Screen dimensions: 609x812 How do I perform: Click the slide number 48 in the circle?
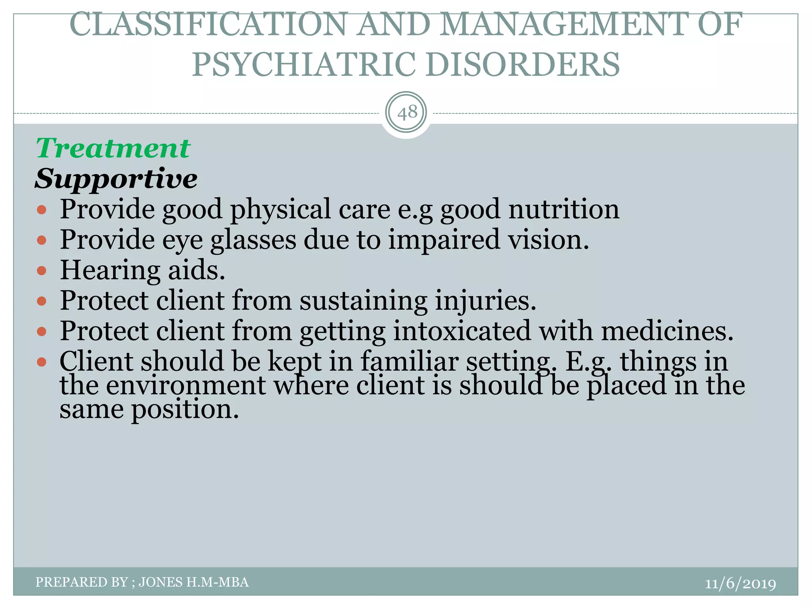[407, 113]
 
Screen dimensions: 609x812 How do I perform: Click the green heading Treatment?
[113, 148]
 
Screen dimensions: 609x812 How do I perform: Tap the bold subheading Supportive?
[116, 178]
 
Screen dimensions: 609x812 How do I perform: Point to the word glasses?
[253, 240]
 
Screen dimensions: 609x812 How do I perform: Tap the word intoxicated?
[462, 331]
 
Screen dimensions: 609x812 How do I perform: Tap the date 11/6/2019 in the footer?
[740, 584]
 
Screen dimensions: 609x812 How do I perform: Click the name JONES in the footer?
[161, 582]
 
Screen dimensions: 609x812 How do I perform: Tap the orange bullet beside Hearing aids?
[42, 271]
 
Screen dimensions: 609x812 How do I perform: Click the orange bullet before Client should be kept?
[42, 362]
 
